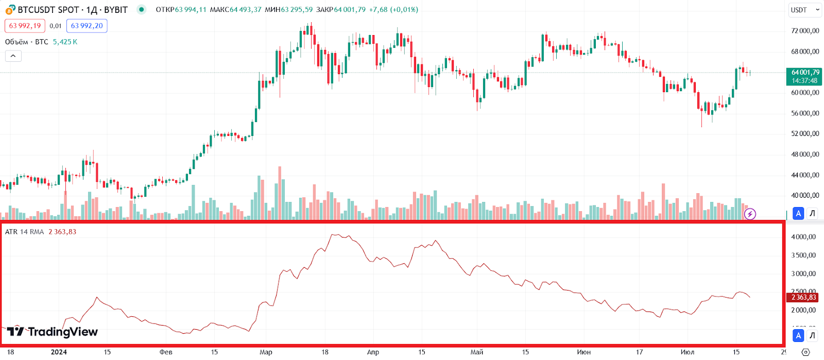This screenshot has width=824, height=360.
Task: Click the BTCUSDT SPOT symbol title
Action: pos(72,10)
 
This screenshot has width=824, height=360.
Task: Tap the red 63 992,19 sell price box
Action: pos(25,26)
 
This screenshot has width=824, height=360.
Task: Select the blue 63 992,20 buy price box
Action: pos(87,26)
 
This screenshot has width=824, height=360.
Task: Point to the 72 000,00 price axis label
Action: pos(805,31)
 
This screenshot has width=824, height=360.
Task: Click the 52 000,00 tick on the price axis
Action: pos(805,134)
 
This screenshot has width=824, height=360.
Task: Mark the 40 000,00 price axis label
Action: pos(805,196)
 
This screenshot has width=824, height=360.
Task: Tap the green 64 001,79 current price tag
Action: pos(805,76)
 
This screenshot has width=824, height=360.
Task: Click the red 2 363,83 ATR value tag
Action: pos(803,297)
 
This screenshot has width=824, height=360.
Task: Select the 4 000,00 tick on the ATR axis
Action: pos(803,237)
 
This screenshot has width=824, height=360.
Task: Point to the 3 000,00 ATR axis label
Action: pos(803,273)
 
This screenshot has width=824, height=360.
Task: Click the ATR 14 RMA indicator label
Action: pos(25,232)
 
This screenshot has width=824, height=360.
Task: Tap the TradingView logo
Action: pos(52,332)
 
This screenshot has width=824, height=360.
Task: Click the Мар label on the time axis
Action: pos(266,352)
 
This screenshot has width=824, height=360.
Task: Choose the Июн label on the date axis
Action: pos(583,352)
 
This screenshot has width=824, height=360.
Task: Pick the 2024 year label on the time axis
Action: pos(59,352)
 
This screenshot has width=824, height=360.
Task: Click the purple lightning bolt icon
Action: pos(750,214)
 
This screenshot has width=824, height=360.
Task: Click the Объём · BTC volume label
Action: pos(27,42)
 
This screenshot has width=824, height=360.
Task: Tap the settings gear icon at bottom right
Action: pos(806,352)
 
